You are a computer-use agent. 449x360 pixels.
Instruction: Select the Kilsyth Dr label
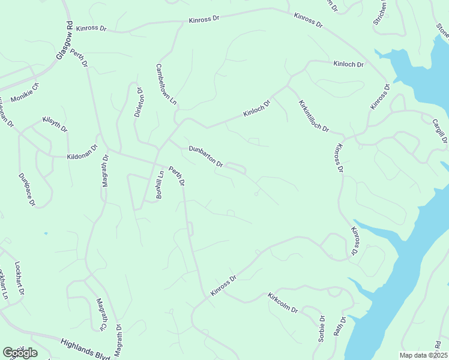pyautogui.click(x=55, y=124)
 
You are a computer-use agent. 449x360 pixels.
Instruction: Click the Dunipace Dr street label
pyautogui.click(x=27, y=189)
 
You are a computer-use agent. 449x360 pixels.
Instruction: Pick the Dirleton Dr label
pyautogui.click(x=139, y=102)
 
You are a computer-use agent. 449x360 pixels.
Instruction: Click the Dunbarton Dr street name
pyautogui.click(x=206, y=156)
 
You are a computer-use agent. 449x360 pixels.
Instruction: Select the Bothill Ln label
pyautogui.click(x=160, y=185)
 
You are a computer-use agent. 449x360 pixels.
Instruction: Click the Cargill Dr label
pyautogui.click(x=440, y=131)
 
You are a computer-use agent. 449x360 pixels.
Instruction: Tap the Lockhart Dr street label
pyautogui.click(x=20, y=278)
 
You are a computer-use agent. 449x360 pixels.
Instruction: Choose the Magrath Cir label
pyautogui.click(x=101, y=314)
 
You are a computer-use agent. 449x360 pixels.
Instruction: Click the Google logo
pyautogui.click(x=20, y=353)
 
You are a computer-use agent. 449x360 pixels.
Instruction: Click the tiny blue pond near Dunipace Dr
pyautogui.click(x=45, y=233)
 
